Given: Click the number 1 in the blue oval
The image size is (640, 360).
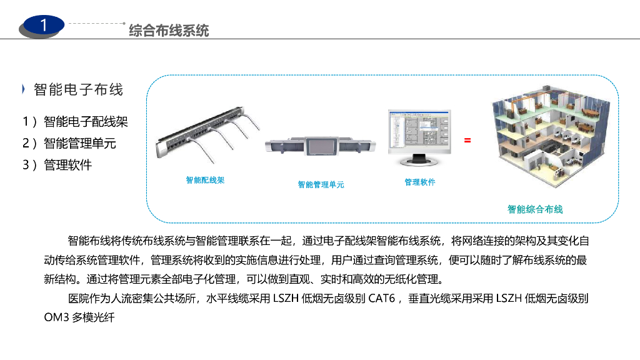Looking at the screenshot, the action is coord(43,25).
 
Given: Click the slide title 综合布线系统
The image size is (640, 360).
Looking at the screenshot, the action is coord(169,30).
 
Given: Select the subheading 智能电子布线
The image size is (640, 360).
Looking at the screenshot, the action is coord(79,89).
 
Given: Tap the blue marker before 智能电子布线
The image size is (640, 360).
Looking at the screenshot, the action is coord(24,89).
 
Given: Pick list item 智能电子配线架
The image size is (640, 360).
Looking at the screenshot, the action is coord(86,122).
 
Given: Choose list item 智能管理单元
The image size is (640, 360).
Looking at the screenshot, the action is coord(80,143).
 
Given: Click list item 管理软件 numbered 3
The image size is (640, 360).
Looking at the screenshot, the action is coord(67,165).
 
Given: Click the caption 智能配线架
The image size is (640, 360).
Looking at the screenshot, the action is coord(205,180).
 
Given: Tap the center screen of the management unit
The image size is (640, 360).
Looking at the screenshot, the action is coord(321,147).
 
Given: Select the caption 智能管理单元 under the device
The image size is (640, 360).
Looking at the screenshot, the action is coord(321,184).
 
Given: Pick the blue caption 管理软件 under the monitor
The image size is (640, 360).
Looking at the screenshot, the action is coord(420,182).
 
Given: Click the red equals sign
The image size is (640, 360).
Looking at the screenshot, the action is coord(467,141).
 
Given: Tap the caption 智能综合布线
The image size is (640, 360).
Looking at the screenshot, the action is coord(535,209).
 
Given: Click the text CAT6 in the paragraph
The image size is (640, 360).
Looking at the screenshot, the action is coord(381,299).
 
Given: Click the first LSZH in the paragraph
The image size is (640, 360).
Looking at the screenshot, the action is coord(286,299).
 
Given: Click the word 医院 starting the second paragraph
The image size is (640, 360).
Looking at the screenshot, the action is coord(76,299).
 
